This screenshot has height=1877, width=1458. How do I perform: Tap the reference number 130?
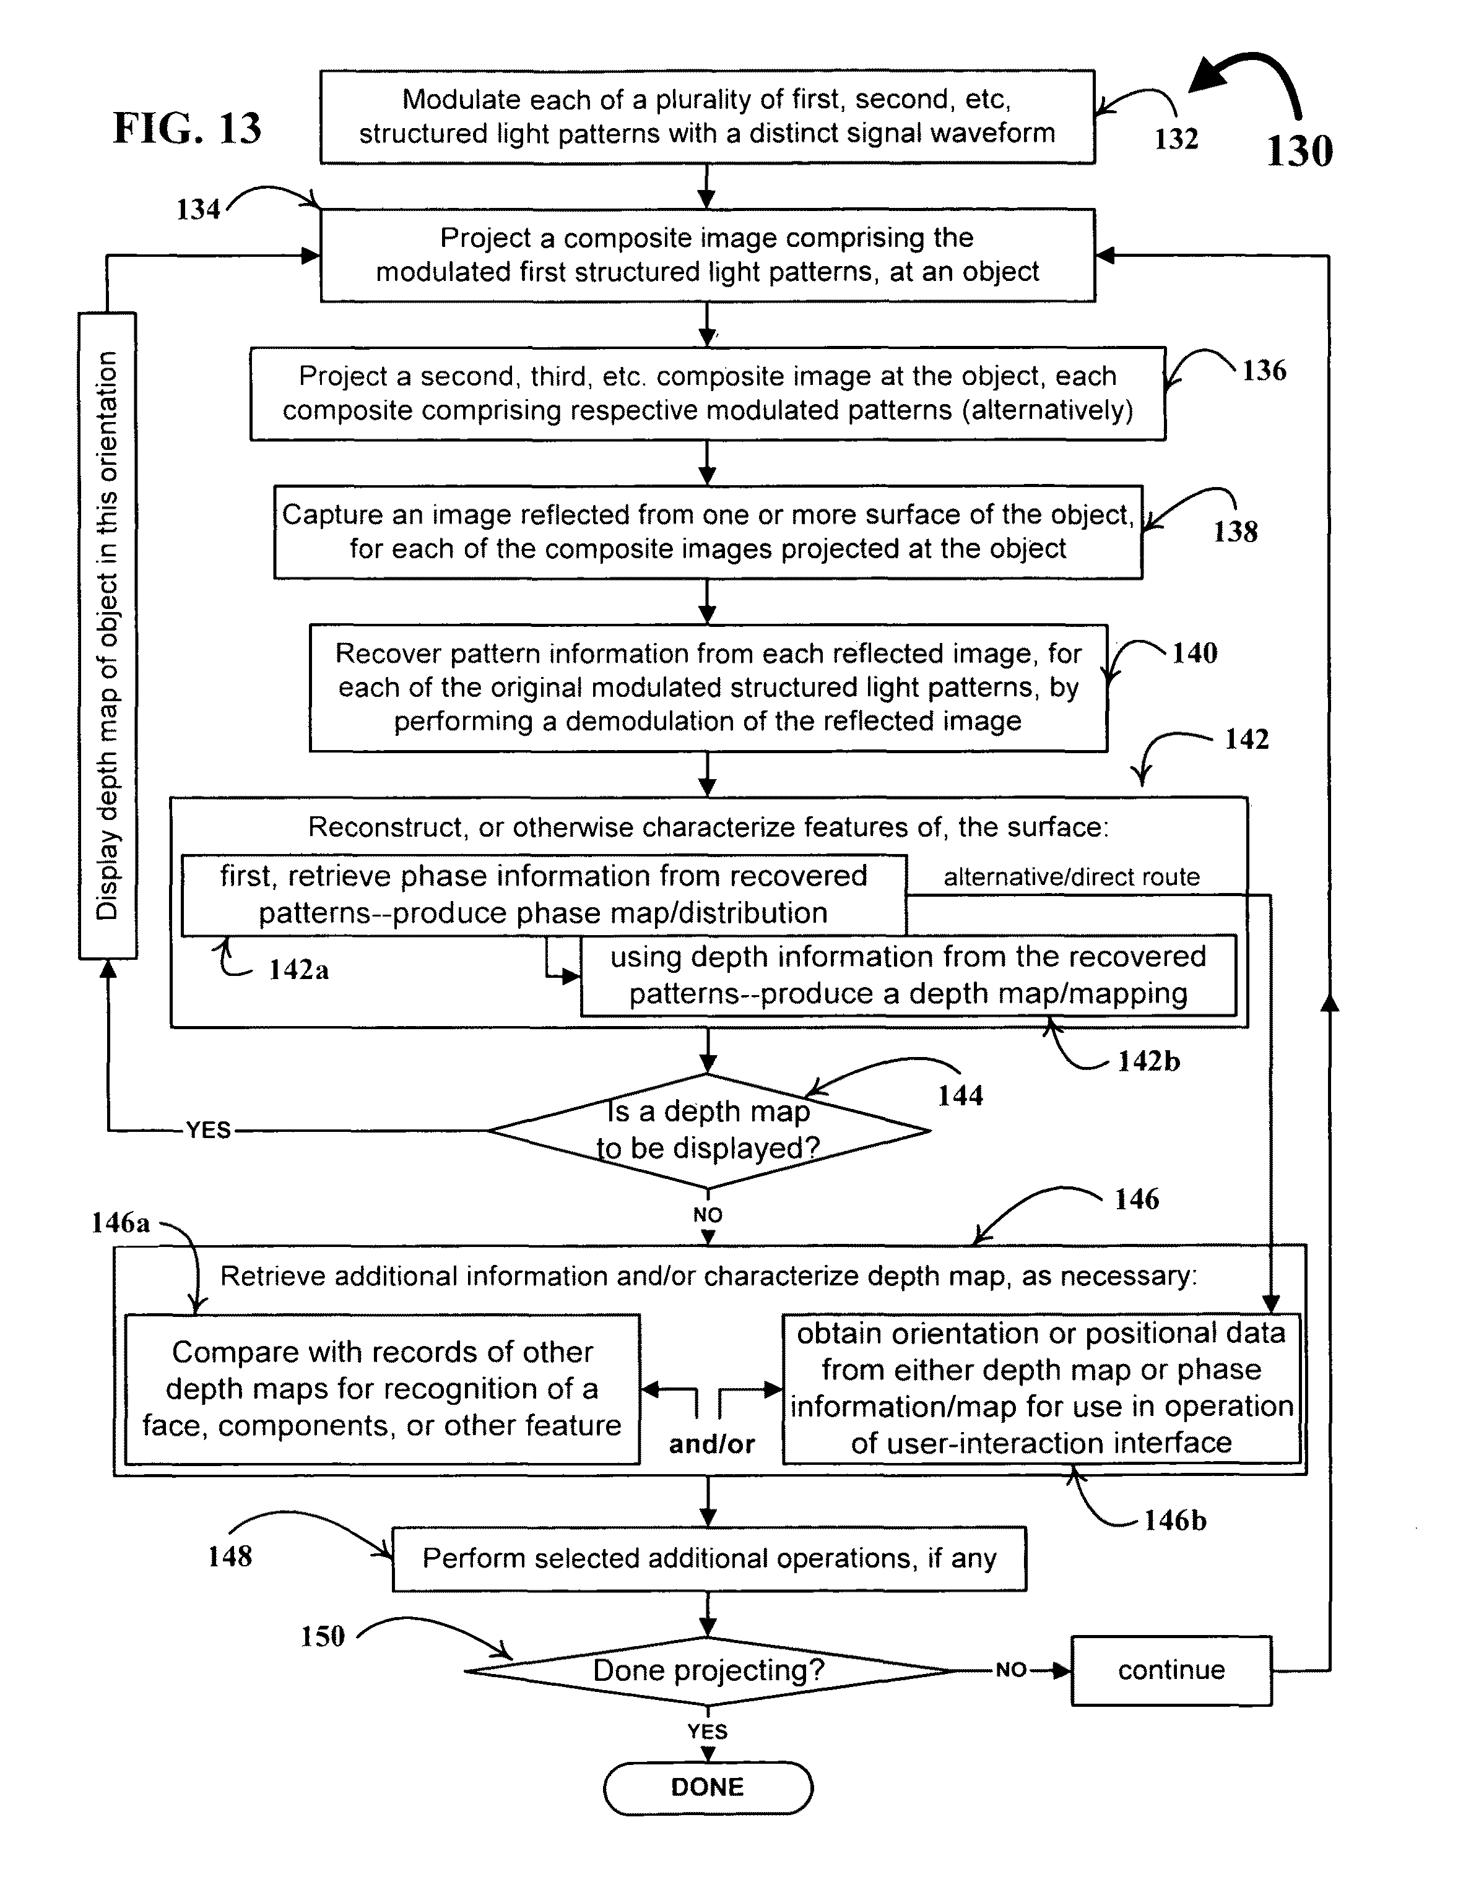1300,150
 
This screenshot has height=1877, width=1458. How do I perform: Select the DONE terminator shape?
708,1788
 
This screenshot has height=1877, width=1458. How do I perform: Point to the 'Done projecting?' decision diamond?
708,1671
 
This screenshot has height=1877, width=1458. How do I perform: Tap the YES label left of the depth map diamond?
209,1129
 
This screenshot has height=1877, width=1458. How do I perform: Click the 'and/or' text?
712,1444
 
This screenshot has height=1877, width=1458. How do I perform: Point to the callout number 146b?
1175,1521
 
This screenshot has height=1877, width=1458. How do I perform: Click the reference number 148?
230,1556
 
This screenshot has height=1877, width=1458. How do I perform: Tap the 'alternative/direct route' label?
1071,877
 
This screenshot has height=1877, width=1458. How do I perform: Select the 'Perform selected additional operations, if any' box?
709,1558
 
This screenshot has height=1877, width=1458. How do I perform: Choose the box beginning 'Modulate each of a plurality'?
708,117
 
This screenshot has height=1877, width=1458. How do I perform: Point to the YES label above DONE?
708,1731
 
